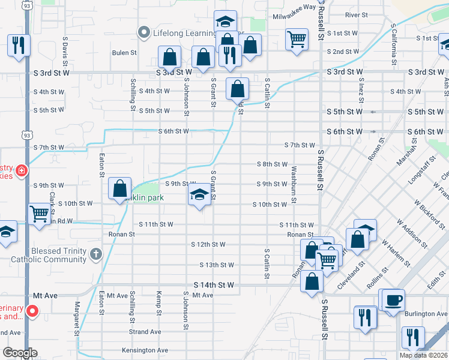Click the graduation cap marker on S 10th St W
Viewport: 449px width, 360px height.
199,194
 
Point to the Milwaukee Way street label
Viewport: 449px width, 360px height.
294,7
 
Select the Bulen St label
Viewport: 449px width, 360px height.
124,53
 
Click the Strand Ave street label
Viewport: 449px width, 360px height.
145,332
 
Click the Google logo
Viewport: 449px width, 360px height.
20,353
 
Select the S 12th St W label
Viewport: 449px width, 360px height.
208,245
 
